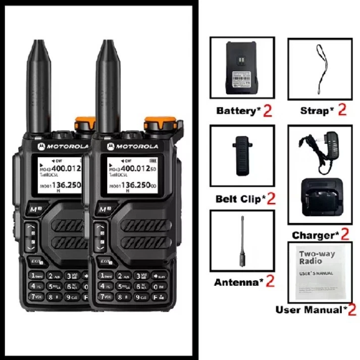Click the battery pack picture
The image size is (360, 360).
(242, 69)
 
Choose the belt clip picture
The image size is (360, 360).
(242, 156)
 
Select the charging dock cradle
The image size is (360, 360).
(320, 196)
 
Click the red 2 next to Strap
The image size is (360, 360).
(342, 110)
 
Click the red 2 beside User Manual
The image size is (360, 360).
(352, 310)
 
